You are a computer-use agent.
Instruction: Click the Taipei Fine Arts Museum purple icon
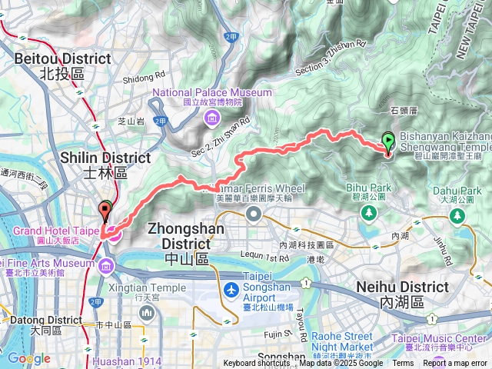[x=105, y=267]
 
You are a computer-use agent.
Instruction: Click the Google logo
[x=28, y=359]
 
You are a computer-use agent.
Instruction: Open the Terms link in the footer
[x=403, y=364]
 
